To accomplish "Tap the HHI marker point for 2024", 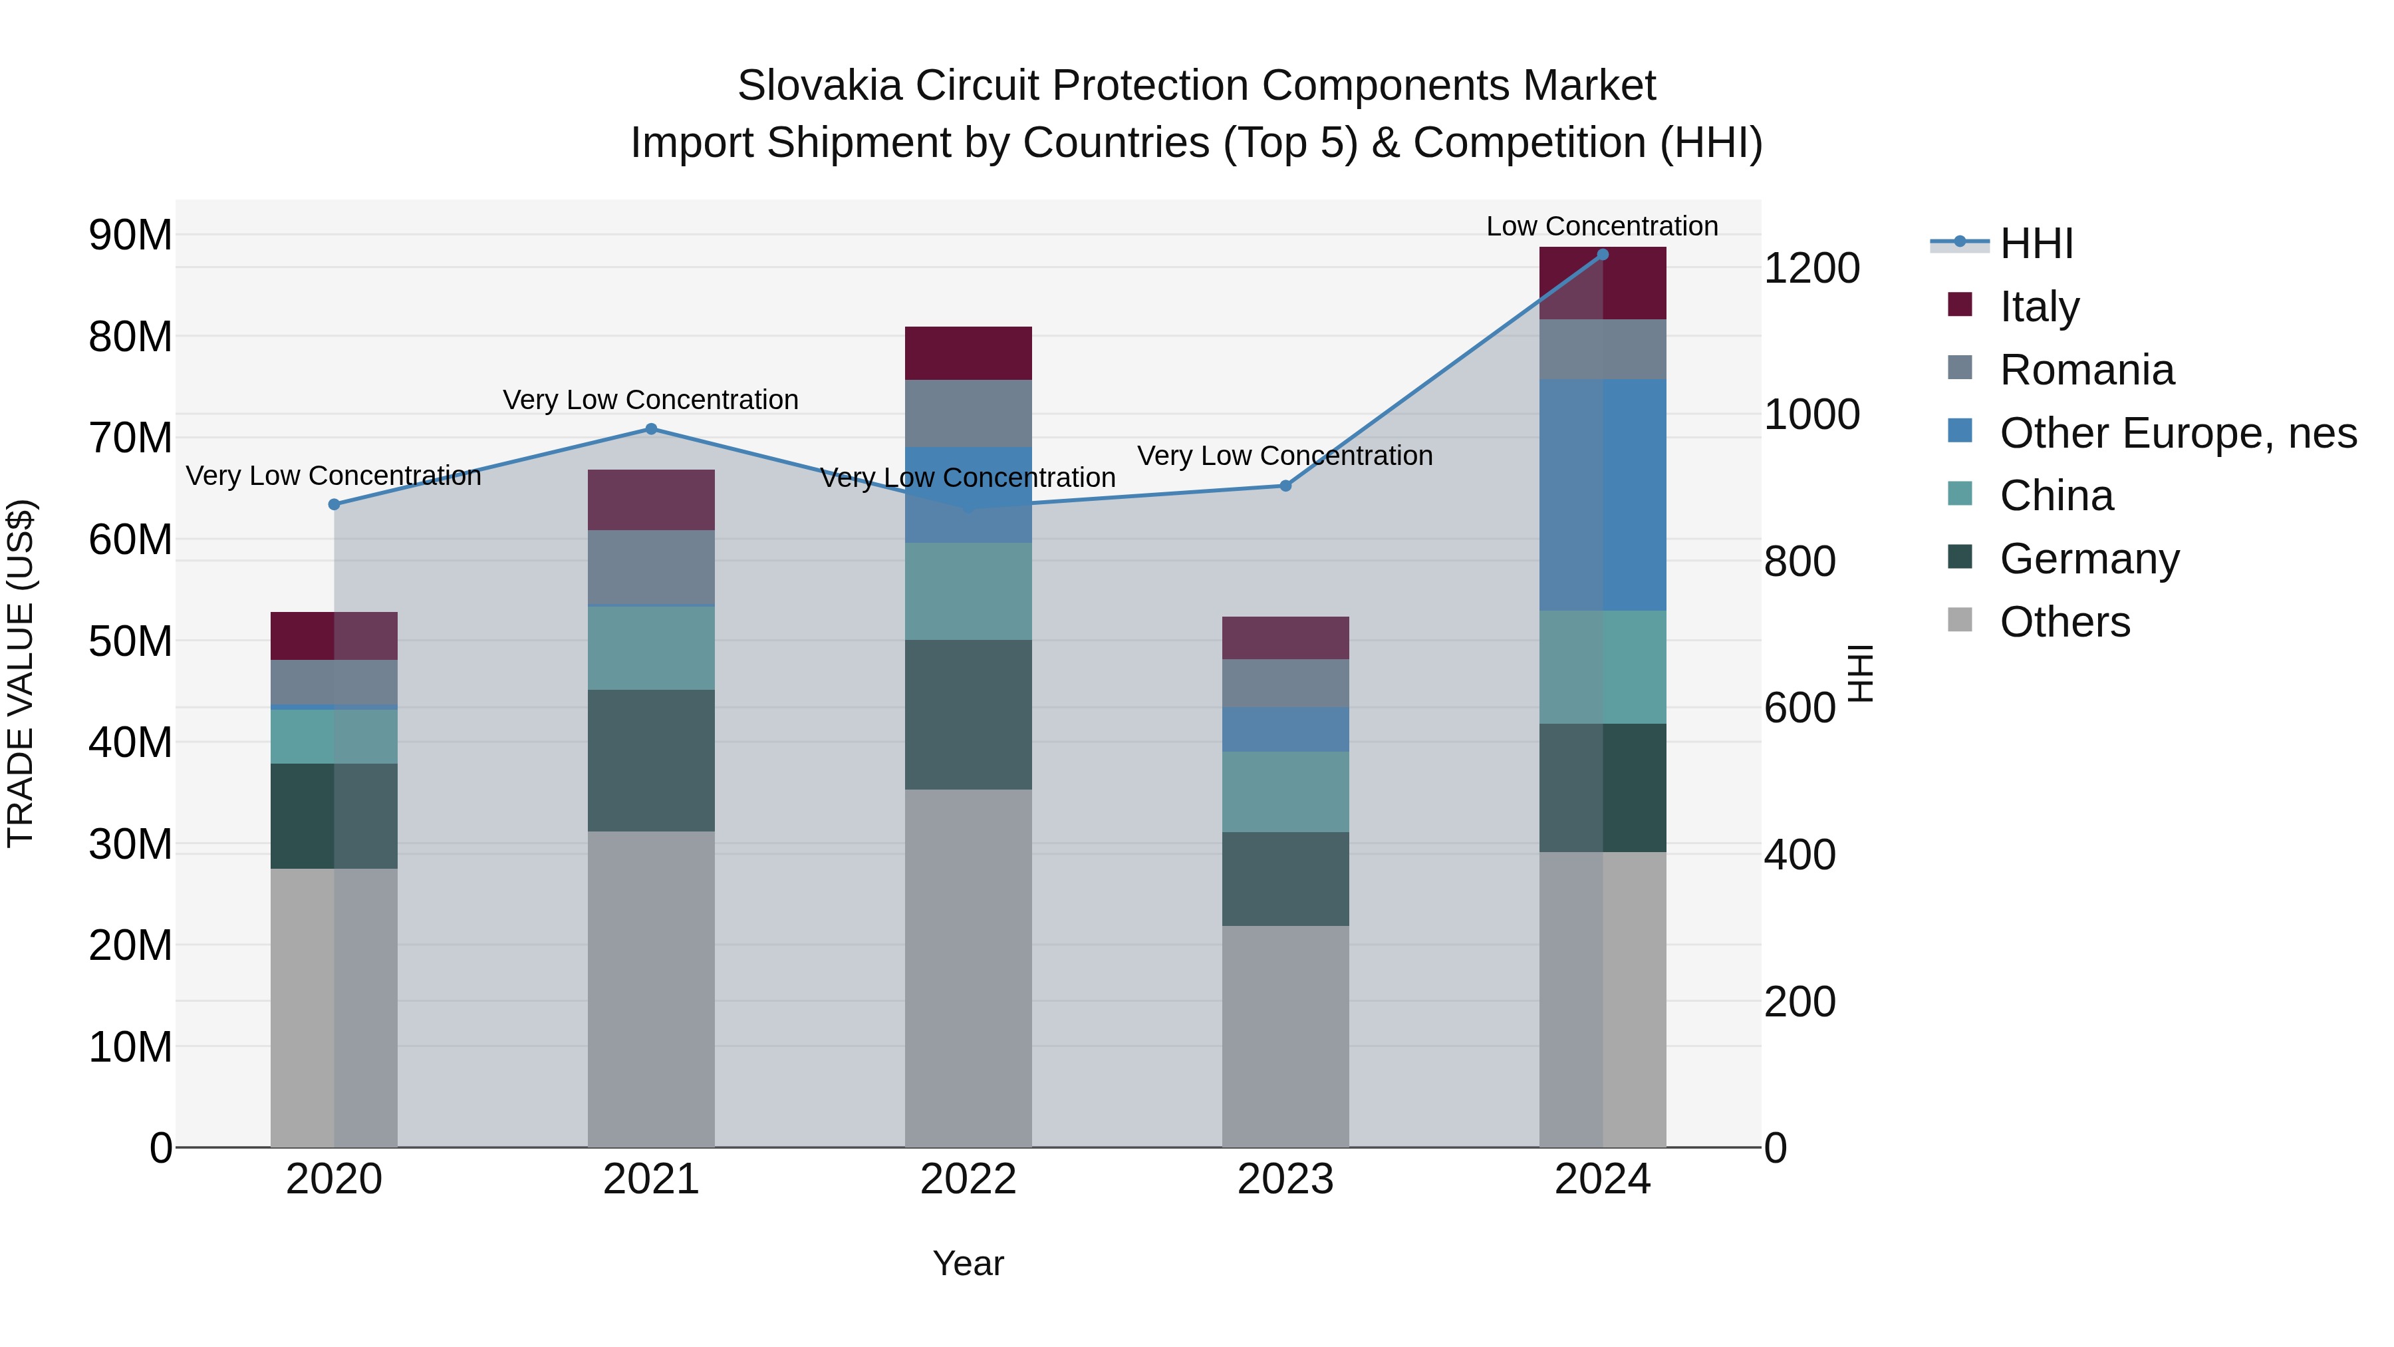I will [1602, 255].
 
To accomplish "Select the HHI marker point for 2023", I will [1285, 486].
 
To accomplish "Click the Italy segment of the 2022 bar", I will [968, 353].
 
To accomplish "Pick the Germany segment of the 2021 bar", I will [650, 760].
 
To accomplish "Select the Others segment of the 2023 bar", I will [1285, 1036].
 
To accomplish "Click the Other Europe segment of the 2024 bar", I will [1602, 494].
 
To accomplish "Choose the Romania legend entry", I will [2085, 370].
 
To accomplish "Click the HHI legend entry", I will [2036, 243].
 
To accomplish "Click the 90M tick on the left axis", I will [130, 235].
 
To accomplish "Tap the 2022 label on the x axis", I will [968, 1179].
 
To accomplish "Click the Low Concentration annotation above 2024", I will [1601, 226].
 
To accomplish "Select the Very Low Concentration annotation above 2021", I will [650, 400].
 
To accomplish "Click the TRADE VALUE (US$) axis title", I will [21, 673].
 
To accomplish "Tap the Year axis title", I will [968, 1263].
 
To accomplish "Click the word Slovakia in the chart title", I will [820, 86].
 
